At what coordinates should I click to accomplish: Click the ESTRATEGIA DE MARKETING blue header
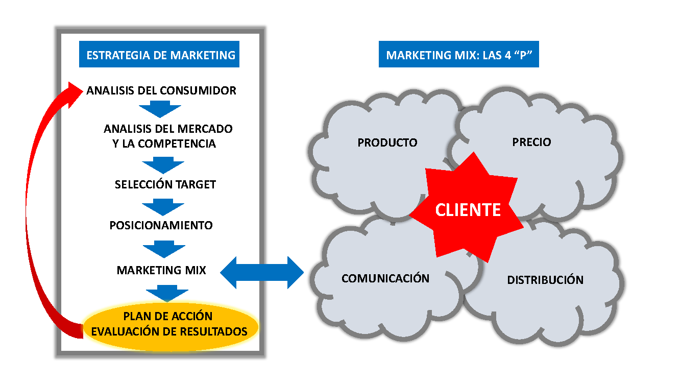coord(161,55)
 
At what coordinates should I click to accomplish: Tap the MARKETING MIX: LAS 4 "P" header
coord(458,55)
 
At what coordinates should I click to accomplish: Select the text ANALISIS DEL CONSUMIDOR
coord(161,91)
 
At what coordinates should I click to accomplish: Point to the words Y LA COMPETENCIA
coord(164,143)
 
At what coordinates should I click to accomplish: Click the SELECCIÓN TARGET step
coord(165,184)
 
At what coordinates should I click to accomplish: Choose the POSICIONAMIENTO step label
coord(161,225)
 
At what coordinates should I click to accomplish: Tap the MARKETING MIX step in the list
coord(161,270)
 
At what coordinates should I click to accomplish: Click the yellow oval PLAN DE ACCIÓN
coord(168,317)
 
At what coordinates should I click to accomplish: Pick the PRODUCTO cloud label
coord(387,142)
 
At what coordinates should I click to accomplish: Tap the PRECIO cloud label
coord(531,141)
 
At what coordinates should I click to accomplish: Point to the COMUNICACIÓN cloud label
coord(385,278)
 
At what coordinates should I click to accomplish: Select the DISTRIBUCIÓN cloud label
coord(545,280)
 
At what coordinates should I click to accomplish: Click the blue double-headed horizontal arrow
coord(262,272)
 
